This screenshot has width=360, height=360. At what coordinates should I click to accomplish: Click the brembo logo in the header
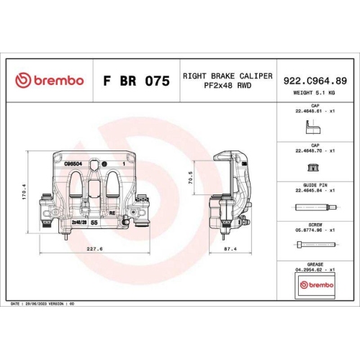tap(50, 80)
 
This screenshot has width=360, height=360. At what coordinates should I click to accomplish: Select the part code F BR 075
tap(136, 81)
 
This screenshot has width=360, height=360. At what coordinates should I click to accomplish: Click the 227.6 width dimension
tap(94, 250)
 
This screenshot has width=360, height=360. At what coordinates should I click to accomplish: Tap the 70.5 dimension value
tap(190, 176)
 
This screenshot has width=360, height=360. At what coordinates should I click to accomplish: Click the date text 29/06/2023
tap(37, 304)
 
